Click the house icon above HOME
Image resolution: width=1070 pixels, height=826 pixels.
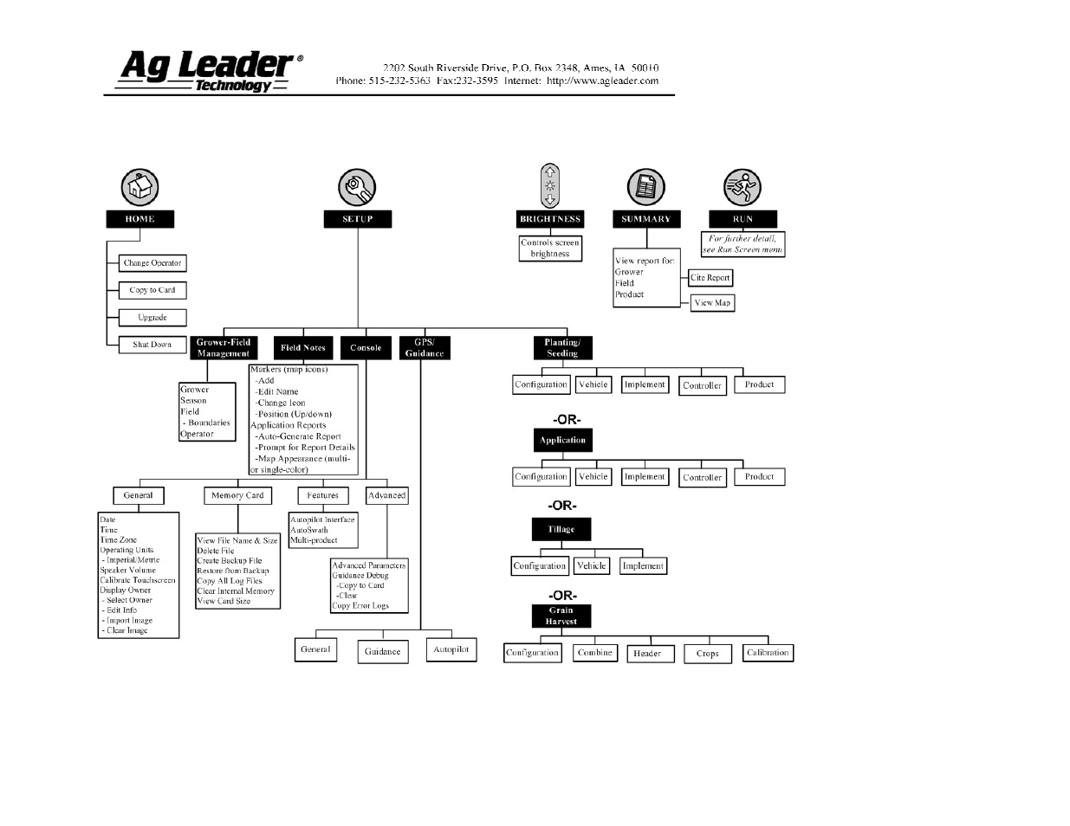coord(139,186)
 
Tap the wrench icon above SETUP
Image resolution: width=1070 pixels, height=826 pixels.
coord(356,187)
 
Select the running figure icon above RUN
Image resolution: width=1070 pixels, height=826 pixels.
coord(742,187)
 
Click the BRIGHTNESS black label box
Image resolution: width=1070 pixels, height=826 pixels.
coord(550,219)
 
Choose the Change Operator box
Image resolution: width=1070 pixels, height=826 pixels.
coord(152,263)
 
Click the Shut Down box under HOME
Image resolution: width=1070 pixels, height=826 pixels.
coord(152,345)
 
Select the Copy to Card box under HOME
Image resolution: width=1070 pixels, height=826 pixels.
coord(152,290)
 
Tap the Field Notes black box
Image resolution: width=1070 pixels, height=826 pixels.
coord(303,348)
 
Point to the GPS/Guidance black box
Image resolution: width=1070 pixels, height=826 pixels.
coord(425,348)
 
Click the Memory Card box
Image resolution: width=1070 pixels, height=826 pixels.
coord(237,496)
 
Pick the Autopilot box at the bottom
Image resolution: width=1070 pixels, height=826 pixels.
coord(451,649)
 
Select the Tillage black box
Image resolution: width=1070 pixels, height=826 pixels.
coord(561,529)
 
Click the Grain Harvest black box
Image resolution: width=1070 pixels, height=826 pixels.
coord(561,616)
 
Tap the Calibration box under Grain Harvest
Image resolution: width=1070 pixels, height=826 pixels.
coord(768,653)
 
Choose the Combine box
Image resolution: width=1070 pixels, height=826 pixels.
coord(595,653)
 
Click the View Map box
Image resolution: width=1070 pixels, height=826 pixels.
coord(712,303)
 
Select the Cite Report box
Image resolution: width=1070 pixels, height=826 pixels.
coord(710,278)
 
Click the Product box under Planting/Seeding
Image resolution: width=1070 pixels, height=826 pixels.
coord(759,384)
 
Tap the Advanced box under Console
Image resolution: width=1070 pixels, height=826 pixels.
coord(386,496)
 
